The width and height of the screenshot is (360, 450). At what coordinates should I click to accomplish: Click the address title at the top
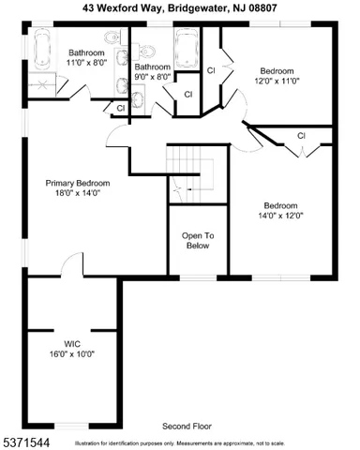pyautogui.click(x=180, y=7)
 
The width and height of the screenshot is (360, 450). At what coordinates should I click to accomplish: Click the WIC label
pyautogui.click(x=74, y=343)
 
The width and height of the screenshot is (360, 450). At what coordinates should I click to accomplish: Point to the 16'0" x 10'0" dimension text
pyautogui.click(x=74, y=354)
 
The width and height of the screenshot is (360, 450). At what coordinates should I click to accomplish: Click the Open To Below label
pyautogui.click(x=198, y=241)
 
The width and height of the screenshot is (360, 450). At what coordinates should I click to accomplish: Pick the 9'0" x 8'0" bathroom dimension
pyautogui.click(x=152, y=78)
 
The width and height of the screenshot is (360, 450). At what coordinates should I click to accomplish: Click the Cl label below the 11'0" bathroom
pyautogui.click(x=121, y=110)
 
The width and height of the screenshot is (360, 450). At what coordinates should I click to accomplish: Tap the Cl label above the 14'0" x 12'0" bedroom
pyautogui.click(x=301, y=137)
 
